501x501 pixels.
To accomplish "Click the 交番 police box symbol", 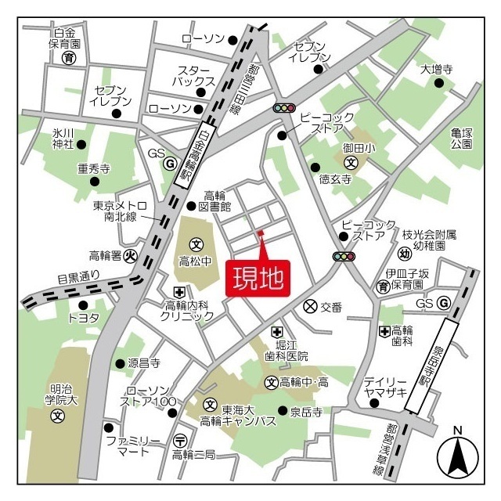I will point(310,307).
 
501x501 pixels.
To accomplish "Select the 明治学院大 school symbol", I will point(57,415).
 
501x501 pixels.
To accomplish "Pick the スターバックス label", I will point(196,75).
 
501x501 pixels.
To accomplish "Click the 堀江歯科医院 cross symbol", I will point(276,332).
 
